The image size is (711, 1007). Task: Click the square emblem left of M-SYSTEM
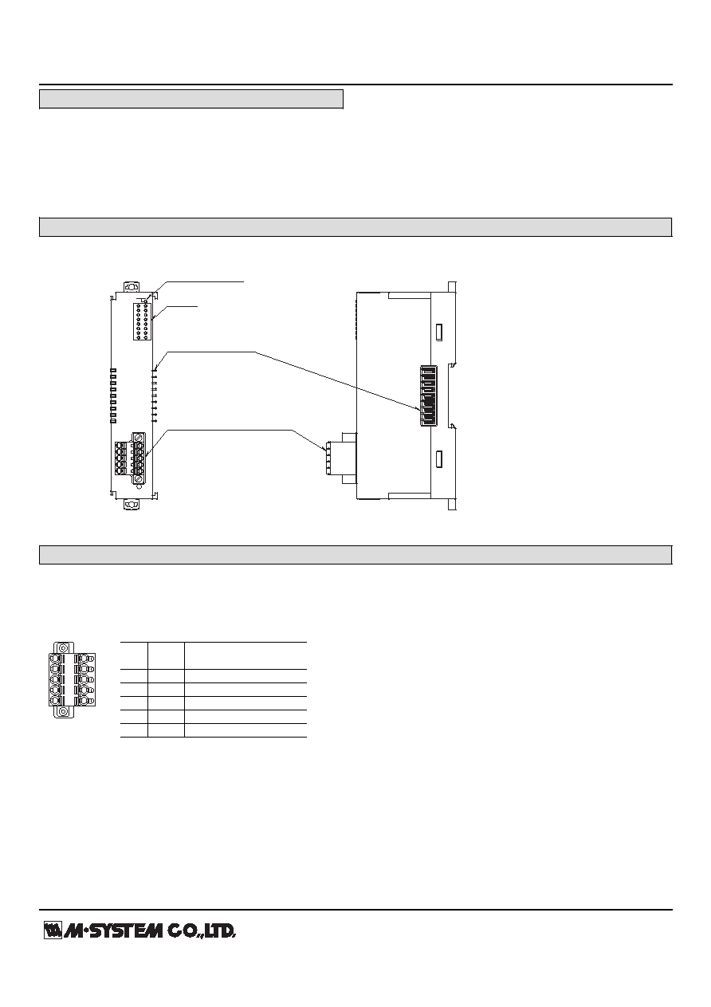(x=53, y=930)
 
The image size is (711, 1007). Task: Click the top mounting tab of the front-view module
(x=132, y=286)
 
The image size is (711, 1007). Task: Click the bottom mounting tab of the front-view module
(x=132, y=505)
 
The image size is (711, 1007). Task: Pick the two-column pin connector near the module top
(x=142, y=321)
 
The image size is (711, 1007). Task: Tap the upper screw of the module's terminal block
(x=139, y=437)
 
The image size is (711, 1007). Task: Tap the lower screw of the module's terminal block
(x=139, y=479)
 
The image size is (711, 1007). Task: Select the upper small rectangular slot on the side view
(x=440, y=332)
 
